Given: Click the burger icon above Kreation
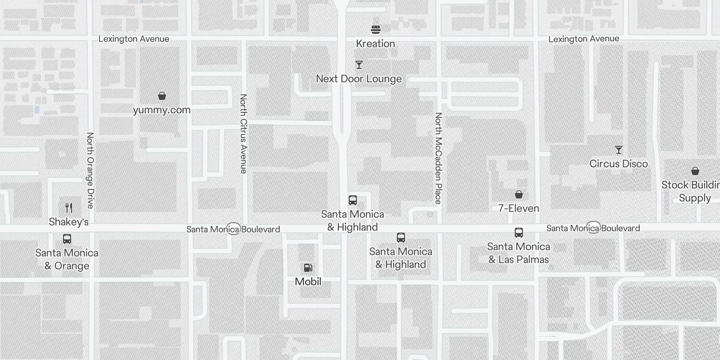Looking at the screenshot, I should [x=376, y=30].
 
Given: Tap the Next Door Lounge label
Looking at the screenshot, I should [x=359, y=79].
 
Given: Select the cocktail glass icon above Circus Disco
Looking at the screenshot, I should [x=619, y=150].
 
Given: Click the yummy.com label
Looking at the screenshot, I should [x=162, y=110].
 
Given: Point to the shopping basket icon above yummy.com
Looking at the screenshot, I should [x=162, y=96].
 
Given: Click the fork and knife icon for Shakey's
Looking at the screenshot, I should [x=69, y=208].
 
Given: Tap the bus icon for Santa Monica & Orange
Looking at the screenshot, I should [x=67, y=239].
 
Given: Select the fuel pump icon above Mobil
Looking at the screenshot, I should [x=308, y=268].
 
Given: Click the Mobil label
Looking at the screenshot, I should [x=308, y=282].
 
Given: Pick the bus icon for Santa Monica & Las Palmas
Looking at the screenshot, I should [x=519, y=233].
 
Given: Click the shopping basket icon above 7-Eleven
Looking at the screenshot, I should [x=519, y=194].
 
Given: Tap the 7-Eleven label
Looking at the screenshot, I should [x=518, y=208].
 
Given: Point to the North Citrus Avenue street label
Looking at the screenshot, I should [x=243, y=134].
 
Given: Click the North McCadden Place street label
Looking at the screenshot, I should [x=438, y=158].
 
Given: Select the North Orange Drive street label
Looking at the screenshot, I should [x=90, y=170].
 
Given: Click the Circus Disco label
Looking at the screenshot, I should [x=618, y=164].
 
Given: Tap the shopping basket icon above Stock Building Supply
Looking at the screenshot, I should [x=695, y=171].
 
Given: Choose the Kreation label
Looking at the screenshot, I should [x=375, y=44].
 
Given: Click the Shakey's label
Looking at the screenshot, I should [x=68, y=222].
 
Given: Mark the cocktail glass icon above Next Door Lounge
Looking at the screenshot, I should [x=359, y=65].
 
